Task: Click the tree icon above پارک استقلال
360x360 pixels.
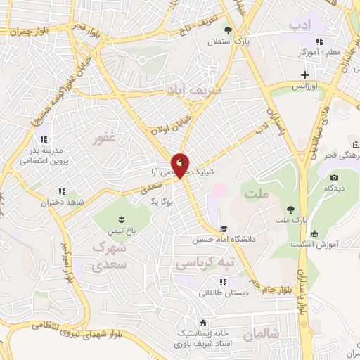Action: click(228, 30)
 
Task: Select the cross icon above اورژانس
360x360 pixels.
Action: click(304, 75)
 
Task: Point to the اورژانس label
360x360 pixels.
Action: click(307, 85)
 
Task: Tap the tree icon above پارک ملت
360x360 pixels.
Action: click(290, 209)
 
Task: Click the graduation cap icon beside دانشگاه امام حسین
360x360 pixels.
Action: click(224, 229)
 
